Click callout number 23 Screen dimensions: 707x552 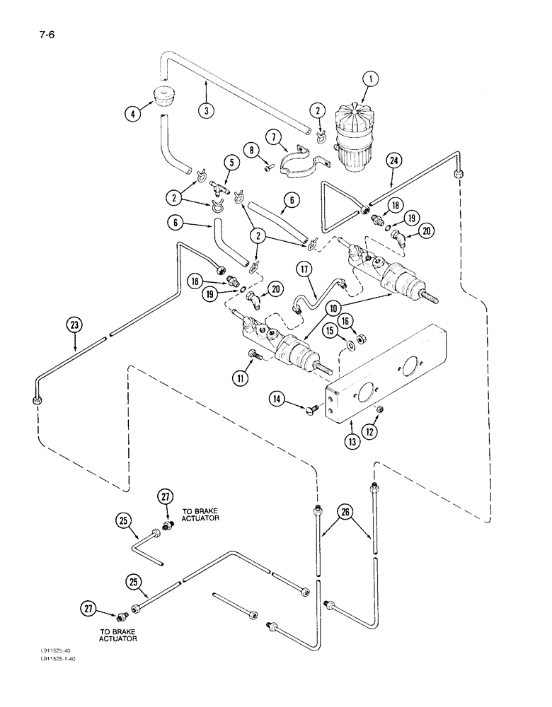point(75,326)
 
